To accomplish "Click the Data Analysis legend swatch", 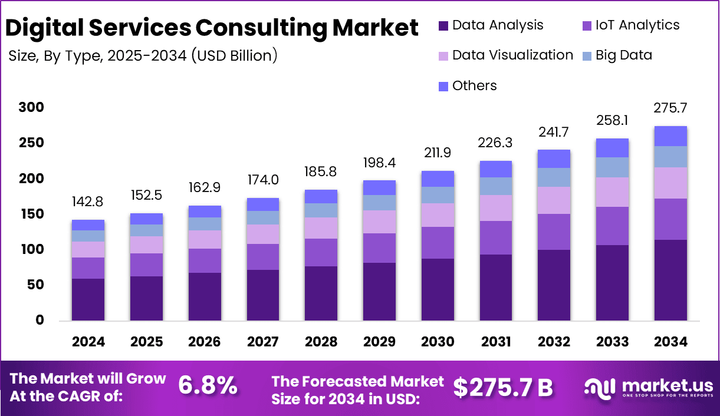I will pyautogui.click(x=443, y=26).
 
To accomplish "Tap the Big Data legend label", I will pyautogui.click(x=623, y=55).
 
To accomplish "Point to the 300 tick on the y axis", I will pyautogui.click(x=31, y=108).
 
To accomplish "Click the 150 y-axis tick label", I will pyautogui.click(x=31, y=214).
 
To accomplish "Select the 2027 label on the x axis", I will pyautogui.click(x=263, y=342).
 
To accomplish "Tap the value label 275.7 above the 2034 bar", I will pyautogui.click(x=670, y=108).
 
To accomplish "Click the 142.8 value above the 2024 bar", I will pyautogui.click(x=88, y=203).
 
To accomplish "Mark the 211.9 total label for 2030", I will pyautogui.click(x=438, y=154).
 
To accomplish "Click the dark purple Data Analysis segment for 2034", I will pyautogui.click(x=670, y=280).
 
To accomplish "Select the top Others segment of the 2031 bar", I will pyautogui.click(x=495, y=169).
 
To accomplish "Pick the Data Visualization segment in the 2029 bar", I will pyautogui.click(x=379, y=222).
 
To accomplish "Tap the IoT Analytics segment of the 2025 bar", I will pyautogui.click(x=146, y=265).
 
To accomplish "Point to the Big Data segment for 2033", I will pyautogui.click(x=612, y=167).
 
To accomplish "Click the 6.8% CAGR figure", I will pyautogui.click(x=208, y=387).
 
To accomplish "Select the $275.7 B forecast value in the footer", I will pyautogui.click(x=503, y=387).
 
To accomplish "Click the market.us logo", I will pyautogui.click(x=648, y=388).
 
